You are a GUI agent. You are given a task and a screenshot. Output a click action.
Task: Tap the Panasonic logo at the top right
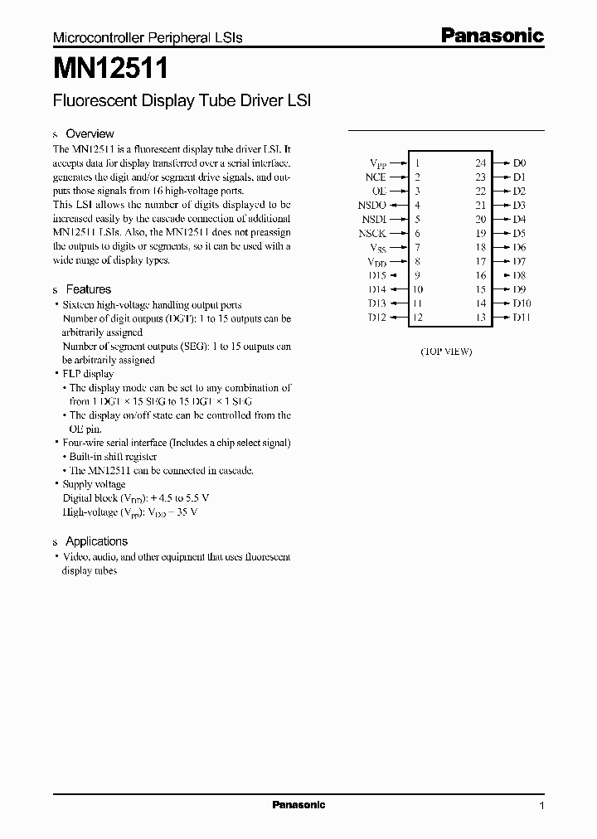click(x=492, y=36)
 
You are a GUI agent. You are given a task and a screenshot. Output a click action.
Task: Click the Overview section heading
click(x=90, y=133)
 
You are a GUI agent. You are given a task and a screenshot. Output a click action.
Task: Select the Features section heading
click(x=88, y=289)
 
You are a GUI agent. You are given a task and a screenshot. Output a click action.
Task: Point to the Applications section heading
click(x=96, y=541)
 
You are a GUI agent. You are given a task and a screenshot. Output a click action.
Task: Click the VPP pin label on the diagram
click(x=378, y=164)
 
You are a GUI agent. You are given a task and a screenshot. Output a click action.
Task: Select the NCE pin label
click(x=376, y=177)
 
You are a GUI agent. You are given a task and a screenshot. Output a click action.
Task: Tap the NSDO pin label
click(x=372, y=206)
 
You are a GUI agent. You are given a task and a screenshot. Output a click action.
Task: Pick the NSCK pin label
click(x=372, y=234)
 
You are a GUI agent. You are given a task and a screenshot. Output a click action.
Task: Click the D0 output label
click(x=520, y=164)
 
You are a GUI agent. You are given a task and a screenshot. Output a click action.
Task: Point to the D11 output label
click(x=522, y=318)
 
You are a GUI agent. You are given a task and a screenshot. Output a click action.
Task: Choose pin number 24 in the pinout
click(x=480, y=164)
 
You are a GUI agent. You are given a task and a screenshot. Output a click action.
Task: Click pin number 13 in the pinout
click(x=480, y=318)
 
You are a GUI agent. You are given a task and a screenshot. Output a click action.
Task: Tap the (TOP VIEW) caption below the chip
click(x=445, y=352)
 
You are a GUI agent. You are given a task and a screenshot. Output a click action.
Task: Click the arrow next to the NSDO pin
click(x=397, y=206)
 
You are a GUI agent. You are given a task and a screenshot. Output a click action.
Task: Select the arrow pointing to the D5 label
click(x=501, y=234)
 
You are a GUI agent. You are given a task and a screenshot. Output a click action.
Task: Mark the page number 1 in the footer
click(x=541, y=806)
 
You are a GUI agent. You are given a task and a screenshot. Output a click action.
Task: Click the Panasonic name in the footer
click(x=298, y=805)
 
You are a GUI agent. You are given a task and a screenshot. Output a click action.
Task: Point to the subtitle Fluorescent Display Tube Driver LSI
click(x=182, y=101)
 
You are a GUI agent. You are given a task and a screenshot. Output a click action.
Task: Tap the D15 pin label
click(x=377, y=275)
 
